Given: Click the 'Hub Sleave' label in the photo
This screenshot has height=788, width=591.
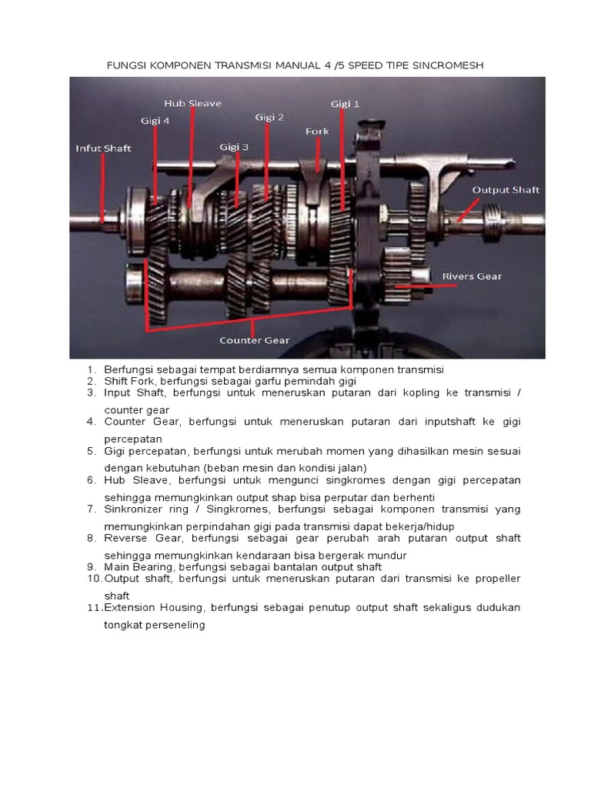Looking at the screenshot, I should coord(192,102).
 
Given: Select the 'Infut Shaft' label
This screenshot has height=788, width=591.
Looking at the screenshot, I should coord(103,149).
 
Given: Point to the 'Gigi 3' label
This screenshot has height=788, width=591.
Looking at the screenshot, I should coord(234,146).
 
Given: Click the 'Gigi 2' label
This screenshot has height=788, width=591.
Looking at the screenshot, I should coord(269,117).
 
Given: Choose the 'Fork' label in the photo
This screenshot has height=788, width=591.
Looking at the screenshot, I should coord(317,132).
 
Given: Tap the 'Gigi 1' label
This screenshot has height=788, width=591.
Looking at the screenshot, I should coord(345,103).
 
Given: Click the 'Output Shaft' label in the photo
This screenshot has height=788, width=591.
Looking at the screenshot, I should coord(506,189).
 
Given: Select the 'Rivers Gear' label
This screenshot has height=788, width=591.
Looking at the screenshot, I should coord(471,276).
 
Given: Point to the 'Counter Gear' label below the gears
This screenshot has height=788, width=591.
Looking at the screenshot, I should coord(254,339).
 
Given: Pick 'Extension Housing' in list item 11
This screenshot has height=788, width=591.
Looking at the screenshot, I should coord(154,608).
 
